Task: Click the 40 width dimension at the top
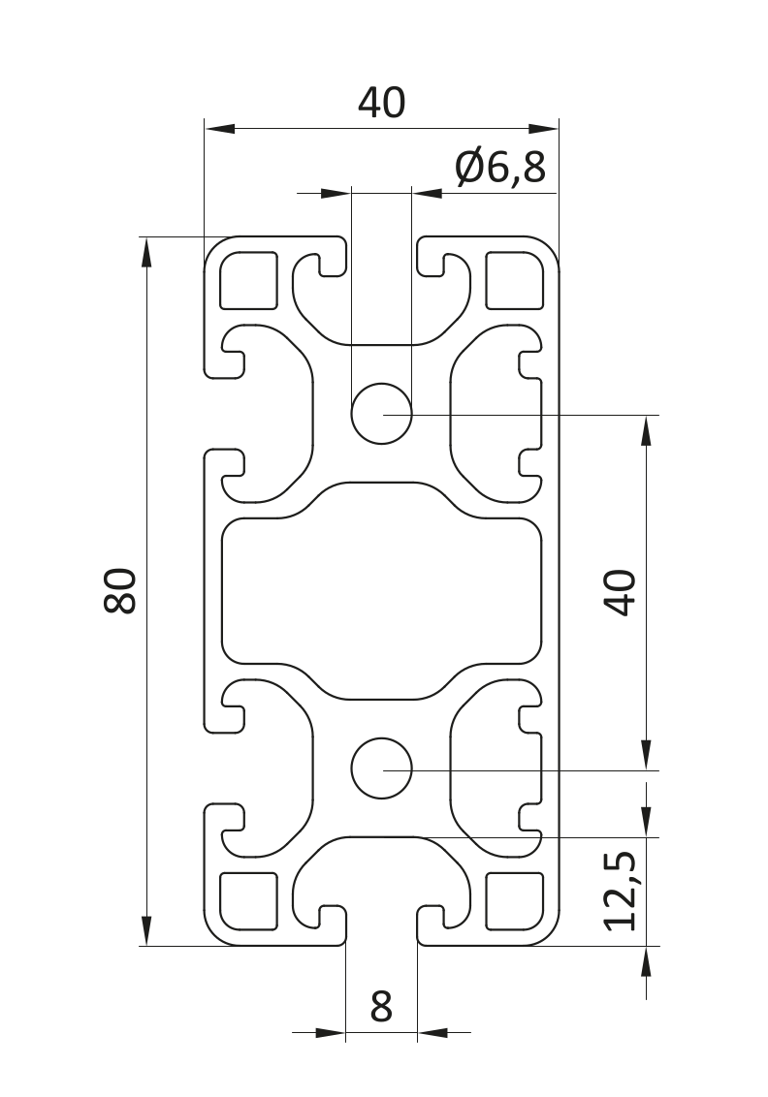coord(381,103)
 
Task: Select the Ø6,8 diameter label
coord(499,169)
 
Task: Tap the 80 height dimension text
coord(121,590)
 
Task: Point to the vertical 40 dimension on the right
coord(621,592)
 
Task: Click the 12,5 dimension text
coord(621,891)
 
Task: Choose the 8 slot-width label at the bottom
coord(381,1007)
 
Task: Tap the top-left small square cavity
coord(248,280)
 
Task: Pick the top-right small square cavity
coord(514,280)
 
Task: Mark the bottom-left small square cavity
coord(248,900)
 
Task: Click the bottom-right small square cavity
coord(514,900)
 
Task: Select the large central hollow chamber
coord(381,591)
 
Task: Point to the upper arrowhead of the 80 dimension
coord(146,252)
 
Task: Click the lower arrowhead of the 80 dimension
coord(146,930)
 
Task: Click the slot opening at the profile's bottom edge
coord(381,930)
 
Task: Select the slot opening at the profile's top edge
coord(381,252)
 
